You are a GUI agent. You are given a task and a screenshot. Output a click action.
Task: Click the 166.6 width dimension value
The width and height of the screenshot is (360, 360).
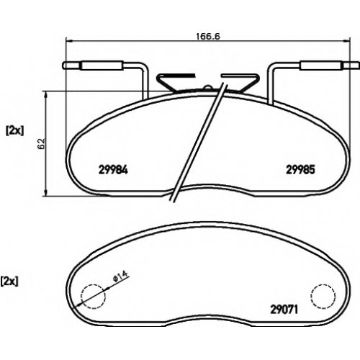(208, 36)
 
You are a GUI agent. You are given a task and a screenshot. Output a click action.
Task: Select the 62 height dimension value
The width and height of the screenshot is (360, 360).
(41, 144)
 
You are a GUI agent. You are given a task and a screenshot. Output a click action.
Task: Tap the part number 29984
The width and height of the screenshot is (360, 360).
(113, 170)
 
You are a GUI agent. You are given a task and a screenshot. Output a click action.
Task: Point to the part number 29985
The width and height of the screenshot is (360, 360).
(300, 170)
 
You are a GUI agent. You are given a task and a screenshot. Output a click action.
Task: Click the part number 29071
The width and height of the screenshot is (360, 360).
(284, 310)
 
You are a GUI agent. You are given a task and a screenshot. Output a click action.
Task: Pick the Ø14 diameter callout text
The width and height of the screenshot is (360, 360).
(121, 276)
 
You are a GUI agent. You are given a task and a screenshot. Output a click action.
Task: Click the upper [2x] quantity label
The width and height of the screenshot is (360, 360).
(15, 131)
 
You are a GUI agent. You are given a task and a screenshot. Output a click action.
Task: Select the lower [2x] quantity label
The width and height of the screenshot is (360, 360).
(9, 282)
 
